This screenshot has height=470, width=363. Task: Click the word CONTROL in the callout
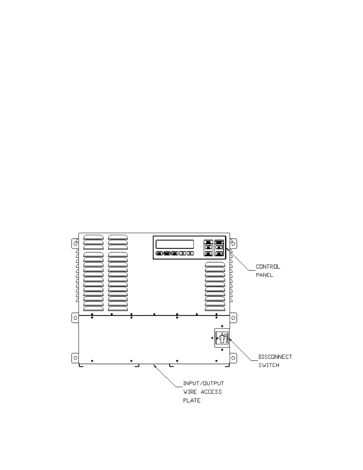(268, 267)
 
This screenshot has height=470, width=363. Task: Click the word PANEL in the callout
(264, 275)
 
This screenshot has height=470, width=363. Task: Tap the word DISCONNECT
(275, 357)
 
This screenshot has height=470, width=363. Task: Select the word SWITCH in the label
(269, 365)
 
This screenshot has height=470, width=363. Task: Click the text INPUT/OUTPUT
(203, 383)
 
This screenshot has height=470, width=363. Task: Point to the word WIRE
(190, 392)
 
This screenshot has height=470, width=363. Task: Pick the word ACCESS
(211, 392)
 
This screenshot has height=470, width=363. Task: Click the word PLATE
(192, 401)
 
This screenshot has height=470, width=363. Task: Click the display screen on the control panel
(175, 244)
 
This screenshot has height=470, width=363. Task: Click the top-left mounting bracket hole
(75, 244)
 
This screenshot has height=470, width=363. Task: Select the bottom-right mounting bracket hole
(233, 358)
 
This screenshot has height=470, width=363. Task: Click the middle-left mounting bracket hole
(75, 318)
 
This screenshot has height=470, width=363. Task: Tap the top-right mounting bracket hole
(233, 244)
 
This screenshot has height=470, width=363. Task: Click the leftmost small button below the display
(159, 253)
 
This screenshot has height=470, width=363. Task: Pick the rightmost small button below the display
(190, 253)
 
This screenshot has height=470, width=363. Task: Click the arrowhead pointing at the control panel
(227, 249)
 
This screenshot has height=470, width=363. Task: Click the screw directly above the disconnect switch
(222, 326)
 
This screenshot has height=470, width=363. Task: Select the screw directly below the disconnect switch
(222, 350)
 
